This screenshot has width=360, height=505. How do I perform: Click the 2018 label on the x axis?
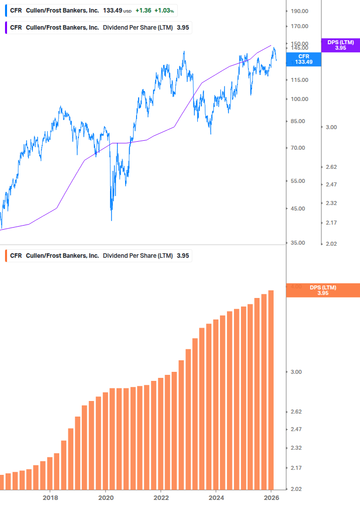[50, 497]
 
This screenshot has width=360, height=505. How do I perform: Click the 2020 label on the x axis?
[105, 497]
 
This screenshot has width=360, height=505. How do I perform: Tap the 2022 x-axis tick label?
[161, 497]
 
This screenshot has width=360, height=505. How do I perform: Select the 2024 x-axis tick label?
[216, 497]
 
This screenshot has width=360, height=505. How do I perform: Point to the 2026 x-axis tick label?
[271, 497]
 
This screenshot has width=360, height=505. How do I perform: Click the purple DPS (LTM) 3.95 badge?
[340, 45]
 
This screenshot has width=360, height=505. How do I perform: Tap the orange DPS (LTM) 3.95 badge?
[322, 290]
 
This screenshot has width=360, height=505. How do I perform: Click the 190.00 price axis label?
[299, 11]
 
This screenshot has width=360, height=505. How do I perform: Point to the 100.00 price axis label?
[299, 99]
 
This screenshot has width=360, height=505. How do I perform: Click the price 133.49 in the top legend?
[112, 11]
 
